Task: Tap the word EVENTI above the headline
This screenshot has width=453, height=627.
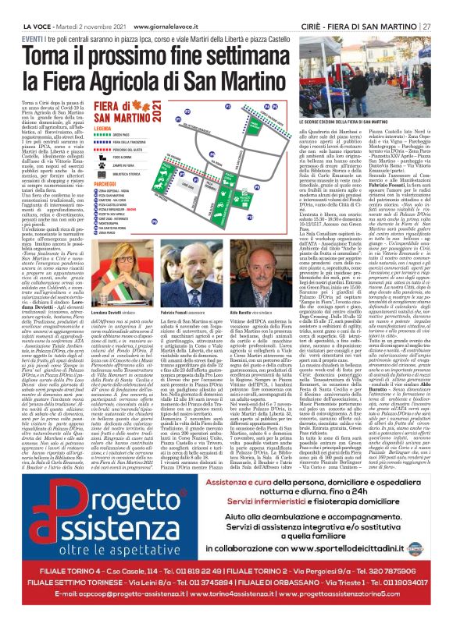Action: pyautogui.click(x=33, y=38)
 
